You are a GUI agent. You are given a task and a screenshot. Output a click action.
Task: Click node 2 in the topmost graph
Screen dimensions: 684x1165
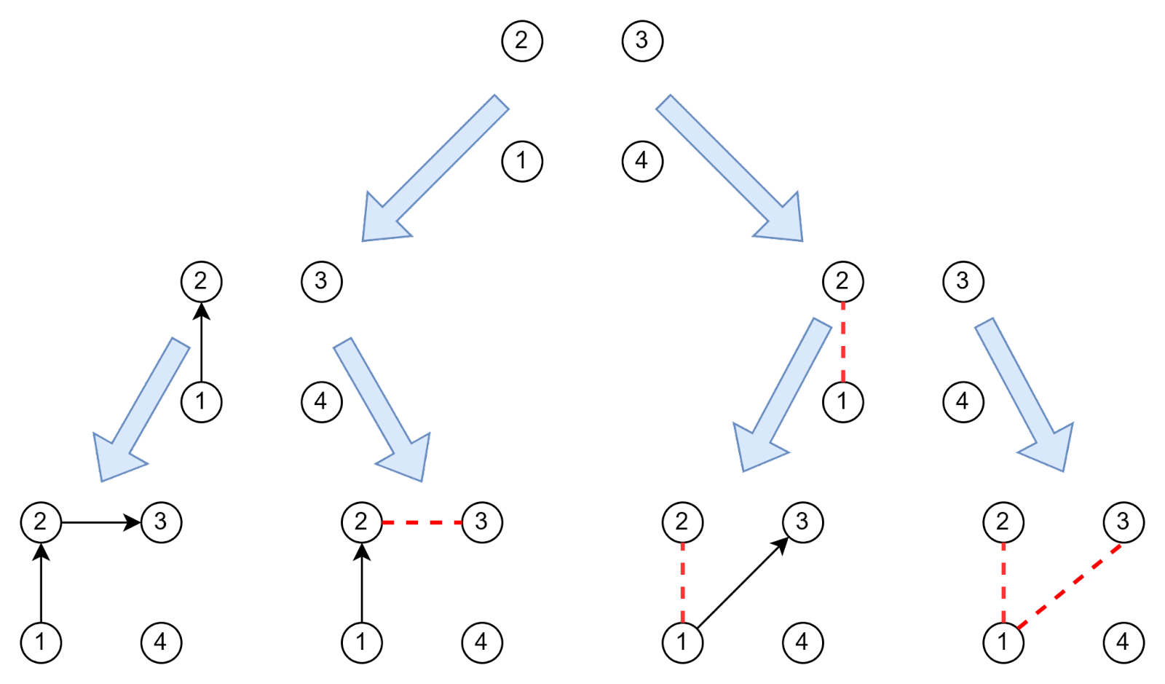click(x=522, y=41)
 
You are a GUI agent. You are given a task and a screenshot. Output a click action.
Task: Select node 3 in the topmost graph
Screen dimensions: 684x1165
click(x=642, y=41)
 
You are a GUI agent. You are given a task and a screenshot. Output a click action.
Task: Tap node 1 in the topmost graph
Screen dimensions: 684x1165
click(x=522, y=161)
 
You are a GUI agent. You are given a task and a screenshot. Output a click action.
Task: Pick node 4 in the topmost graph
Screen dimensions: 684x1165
click(x=642, y=161)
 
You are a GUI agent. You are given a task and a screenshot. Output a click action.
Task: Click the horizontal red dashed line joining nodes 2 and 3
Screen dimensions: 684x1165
click(x=422, y=522)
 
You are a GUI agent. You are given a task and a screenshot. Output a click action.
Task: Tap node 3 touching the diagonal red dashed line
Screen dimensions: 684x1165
click(x=1123, y=522)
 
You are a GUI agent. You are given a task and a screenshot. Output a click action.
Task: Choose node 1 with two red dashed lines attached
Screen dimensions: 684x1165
click(x=1003, y=642)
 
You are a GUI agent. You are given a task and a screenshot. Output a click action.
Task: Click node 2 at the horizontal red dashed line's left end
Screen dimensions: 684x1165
click(x=362, y=522)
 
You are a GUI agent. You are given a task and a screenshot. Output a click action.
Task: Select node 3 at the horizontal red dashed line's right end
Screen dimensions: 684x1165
click(x=481, y=522)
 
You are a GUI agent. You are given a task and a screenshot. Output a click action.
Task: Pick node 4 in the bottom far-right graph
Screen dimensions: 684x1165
click(x=1123, y=642)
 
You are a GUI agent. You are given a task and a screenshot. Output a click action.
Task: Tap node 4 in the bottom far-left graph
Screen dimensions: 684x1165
click(x=161, y=642)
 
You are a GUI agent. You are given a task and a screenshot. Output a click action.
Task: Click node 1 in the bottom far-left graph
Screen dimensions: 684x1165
click(x=41, y=642)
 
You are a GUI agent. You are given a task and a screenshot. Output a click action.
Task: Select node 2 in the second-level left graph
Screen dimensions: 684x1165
click(x=201, y=281)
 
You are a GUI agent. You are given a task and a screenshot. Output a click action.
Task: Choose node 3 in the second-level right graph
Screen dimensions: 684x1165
click(x=963, y=281)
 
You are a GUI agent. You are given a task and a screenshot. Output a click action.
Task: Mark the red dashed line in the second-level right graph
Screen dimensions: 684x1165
click(x=843, y=341)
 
